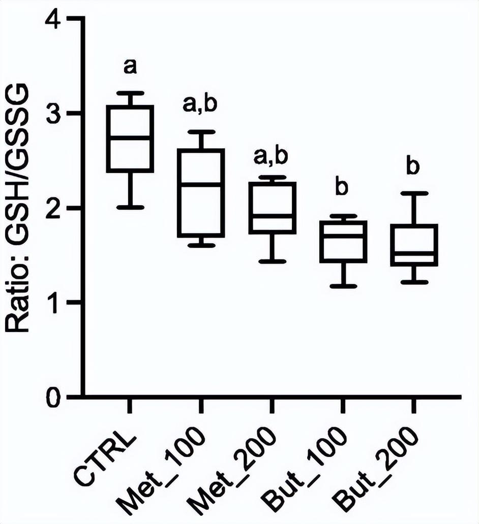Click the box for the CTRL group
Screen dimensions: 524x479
click(x=130, y=139)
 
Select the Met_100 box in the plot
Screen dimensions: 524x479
click(x=201, y=193)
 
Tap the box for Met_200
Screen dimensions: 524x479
click(x=273, y=208)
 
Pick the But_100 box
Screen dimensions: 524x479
click(x=343, y=241)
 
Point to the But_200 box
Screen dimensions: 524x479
click(x=414, y=245)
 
